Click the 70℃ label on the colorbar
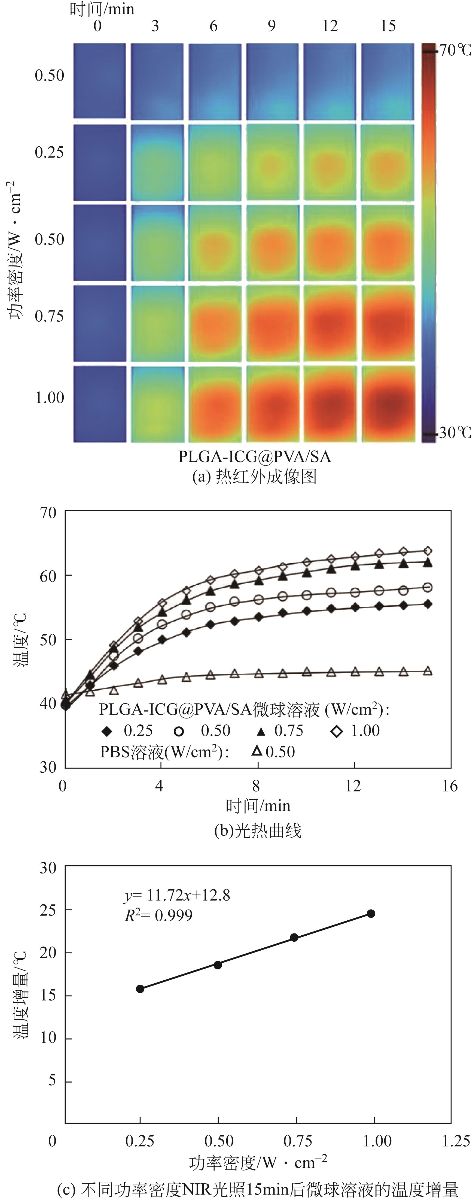[455, 50]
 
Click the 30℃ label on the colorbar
[455, 433]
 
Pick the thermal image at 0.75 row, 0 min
[100, 323]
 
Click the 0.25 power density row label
[49, 152]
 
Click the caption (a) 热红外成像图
[255, 477]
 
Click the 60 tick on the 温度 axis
[48, 576]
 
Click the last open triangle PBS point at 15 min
[427, 671]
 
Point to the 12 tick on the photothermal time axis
[353, 786]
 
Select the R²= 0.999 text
[158, 915]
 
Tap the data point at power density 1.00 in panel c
[371, 914]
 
